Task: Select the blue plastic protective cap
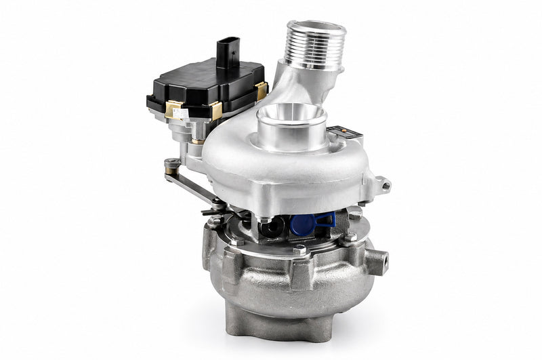313,222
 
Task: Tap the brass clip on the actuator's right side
261,91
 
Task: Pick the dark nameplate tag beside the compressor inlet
351,133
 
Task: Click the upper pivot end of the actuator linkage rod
172,163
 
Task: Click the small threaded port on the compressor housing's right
383,184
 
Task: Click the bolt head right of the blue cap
354,216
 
